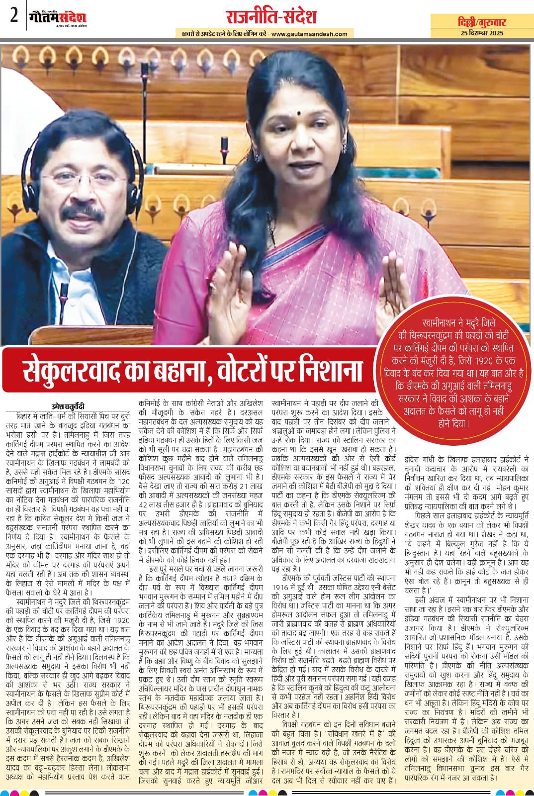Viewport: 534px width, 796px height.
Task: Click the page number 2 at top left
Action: point(13,16)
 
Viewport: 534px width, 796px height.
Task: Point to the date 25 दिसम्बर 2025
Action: point(482,33)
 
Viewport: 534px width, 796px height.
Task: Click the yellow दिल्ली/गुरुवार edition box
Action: point(482,22)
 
